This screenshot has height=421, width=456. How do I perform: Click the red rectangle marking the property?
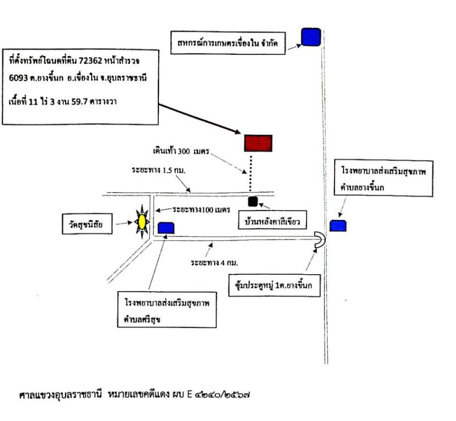coord(258,143)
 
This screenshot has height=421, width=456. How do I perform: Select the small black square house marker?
coord(252,201)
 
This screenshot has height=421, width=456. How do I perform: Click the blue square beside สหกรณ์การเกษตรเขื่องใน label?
coord(311,37)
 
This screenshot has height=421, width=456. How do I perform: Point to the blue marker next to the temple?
coord(166,227)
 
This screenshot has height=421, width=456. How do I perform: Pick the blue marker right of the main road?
coord(338,226)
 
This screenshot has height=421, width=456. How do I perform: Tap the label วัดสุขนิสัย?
coord(87,226)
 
